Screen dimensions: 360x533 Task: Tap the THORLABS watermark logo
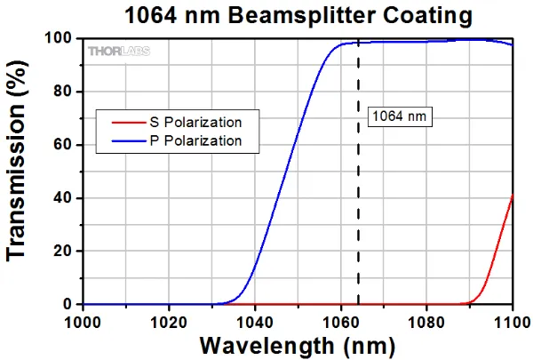click(x=118, y=51)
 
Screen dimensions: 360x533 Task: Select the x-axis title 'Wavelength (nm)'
click(x=298, y=345)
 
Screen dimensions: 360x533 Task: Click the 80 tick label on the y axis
click(x=63, y=92)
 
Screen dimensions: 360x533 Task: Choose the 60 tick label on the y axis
click(x=63, y=146)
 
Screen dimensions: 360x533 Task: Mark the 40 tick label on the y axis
click(x=63, y=198)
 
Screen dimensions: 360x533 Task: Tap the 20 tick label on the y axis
click(x=63, y=252)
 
